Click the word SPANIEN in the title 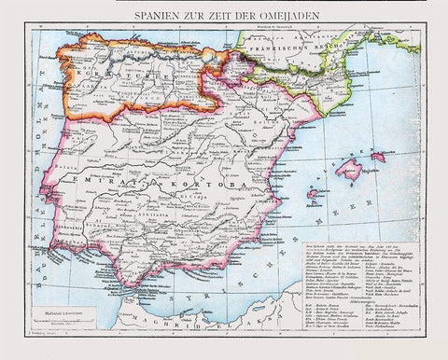tap(158, 16)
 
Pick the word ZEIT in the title tap(217, 16)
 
